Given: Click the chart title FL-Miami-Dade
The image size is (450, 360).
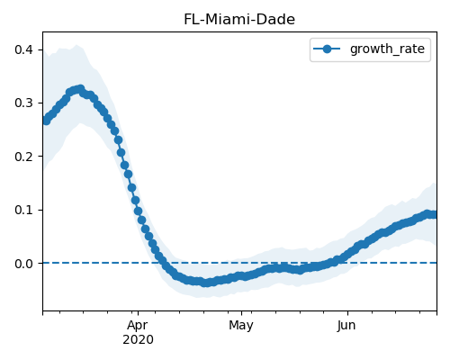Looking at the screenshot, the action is (239, 20).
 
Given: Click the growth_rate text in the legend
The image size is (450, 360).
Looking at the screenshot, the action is (387, 49).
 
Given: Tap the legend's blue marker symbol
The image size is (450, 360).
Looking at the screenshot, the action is (327, 49).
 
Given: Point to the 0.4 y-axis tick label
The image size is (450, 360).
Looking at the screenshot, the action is (23, 49).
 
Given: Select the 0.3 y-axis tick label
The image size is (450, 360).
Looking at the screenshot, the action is (23, 103).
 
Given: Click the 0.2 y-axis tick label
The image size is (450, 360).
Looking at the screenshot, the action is (23, 157).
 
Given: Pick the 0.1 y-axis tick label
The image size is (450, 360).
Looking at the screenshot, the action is (23, 210).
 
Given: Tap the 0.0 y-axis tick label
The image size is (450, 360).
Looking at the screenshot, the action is (23, 264).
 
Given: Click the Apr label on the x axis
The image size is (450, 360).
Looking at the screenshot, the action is (138, 326).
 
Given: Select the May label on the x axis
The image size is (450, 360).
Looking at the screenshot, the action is (241, 326).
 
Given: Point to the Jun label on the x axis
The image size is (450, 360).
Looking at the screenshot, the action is (347, 326).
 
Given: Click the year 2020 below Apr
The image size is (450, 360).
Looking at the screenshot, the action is (138, 339).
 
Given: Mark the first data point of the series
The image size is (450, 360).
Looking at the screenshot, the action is (46, 121).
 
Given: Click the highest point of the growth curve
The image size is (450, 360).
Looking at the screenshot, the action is (80, 89).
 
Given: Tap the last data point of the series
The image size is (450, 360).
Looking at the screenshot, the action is (434, 215).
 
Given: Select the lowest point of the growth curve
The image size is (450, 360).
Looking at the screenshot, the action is (206, 283).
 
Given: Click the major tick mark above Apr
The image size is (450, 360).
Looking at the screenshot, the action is (138, 313).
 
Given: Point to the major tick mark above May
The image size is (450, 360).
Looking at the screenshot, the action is (241, 313).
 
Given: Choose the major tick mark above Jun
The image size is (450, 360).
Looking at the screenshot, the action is (347, 313).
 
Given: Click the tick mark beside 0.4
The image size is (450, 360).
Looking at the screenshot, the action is (40, 49).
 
